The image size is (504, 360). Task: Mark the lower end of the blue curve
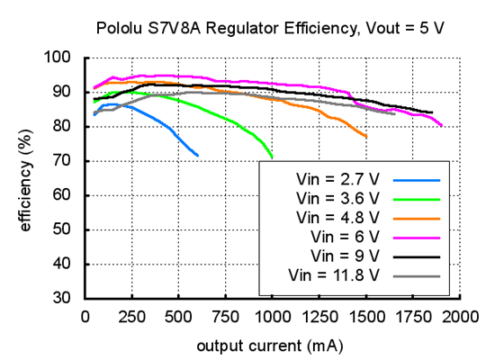[x=198, y=156]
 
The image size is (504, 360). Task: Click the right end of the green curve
[x=272, y=157]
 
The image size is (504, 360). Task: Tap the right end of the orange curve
[x=366, y=137]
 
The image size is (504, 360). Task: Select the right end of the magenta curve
[x=441, y=126]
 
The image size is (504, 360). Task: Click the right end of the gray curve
[x=394, y=113]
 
